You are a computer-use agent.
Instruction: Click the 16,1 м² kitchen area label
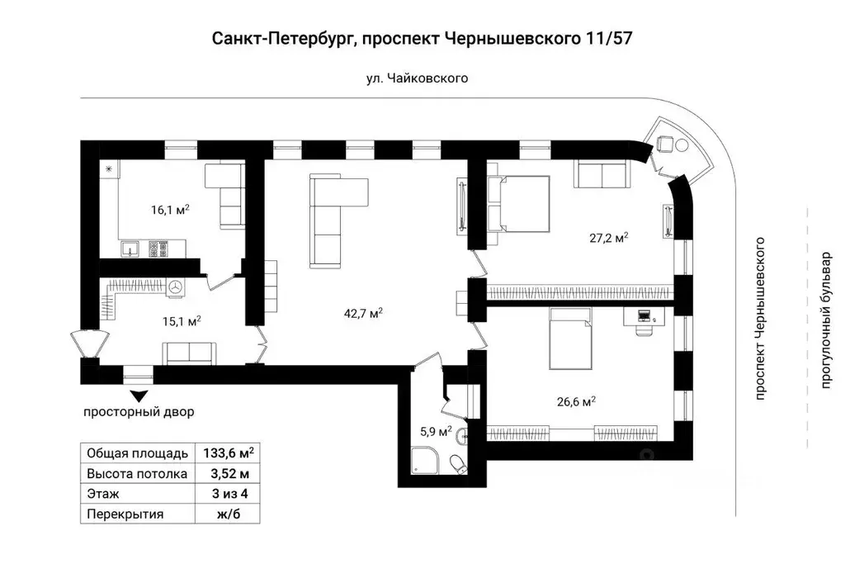click(x=170, y=210)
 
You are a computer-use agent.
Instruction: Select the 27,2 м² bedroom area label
click(x=610, y=237)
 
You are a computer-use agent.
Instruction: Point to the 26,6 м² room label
click(x=577, y=402)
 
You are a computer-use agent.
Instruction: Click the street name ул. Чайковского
click(x=417, y=78)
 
